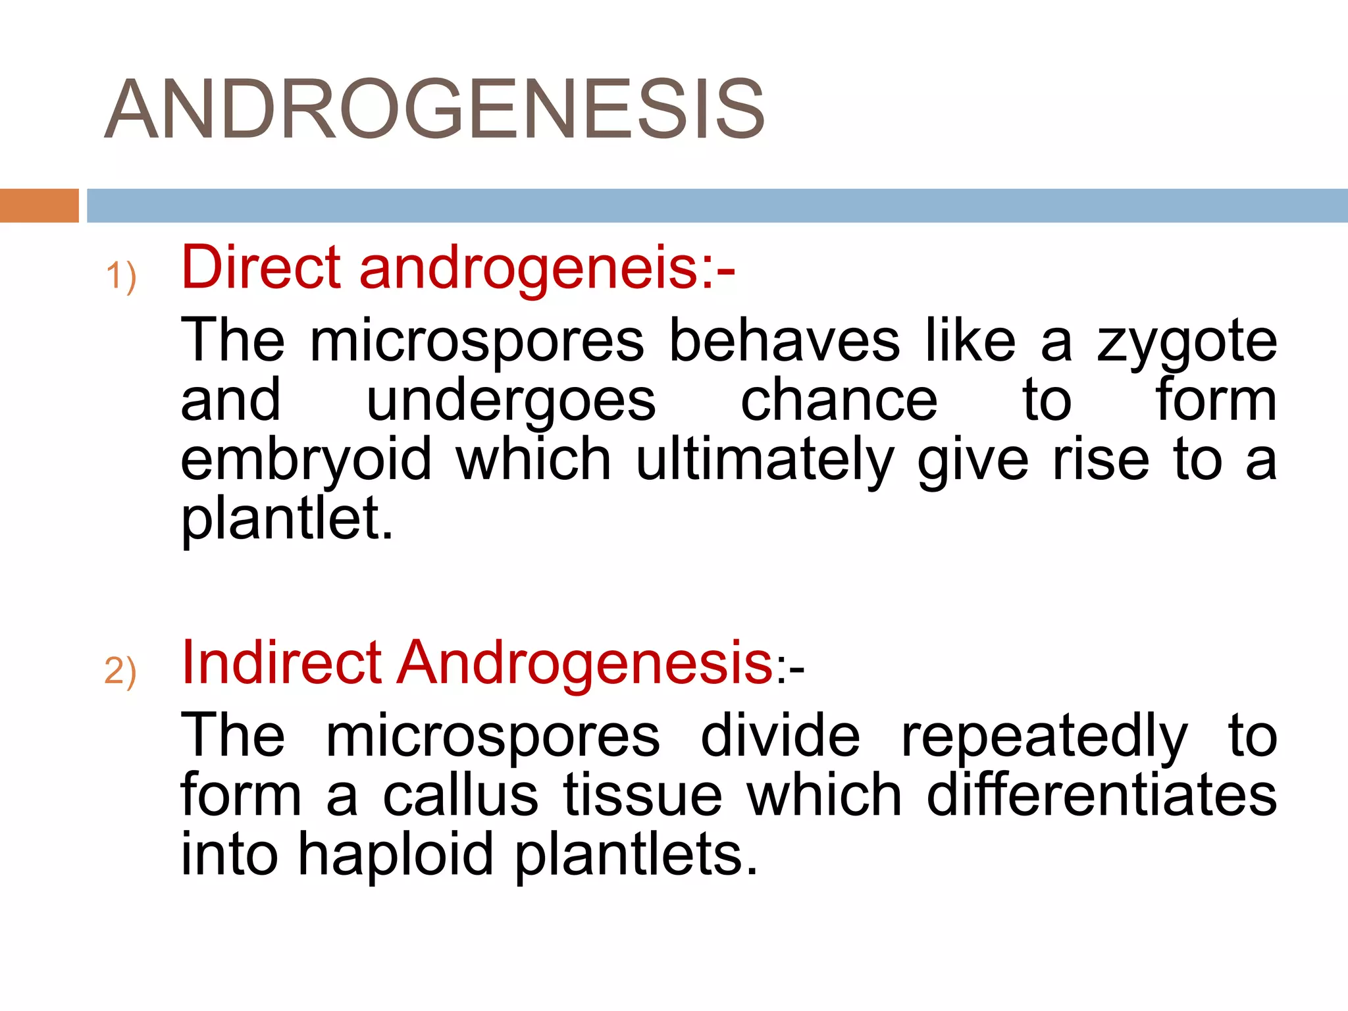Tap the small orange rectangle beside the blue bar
click(39, 205)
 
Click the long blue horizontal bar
click(717, 205)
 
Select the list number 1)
click(121, 276)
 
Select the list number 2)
click(120, 671)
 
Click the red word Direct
click(261, 267)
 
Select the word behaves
click(784, 340)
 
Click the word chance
click(839, 400)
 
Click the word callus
click(460, 795)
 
